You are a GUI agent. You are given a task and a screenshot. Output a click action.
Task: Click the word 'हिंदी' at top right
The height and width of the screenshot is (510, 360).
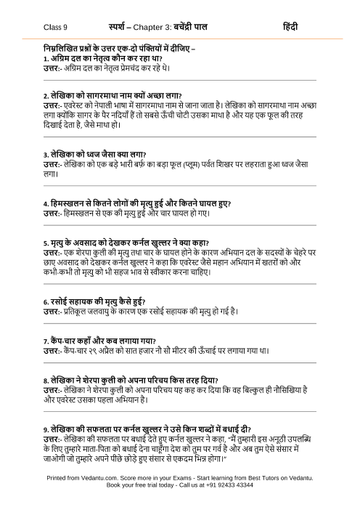292,26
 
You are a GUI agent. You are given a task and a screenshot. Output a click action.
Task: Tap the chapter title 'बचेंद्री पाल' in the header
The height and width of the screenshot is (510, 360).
204,26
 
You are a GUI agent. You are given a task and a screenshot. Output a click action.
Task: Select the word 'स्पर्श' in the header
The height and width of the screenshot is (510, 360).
118,26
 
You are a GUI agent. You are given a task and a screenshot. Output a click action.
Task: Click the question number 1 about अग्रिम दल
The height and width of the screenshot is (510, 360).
45,57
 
